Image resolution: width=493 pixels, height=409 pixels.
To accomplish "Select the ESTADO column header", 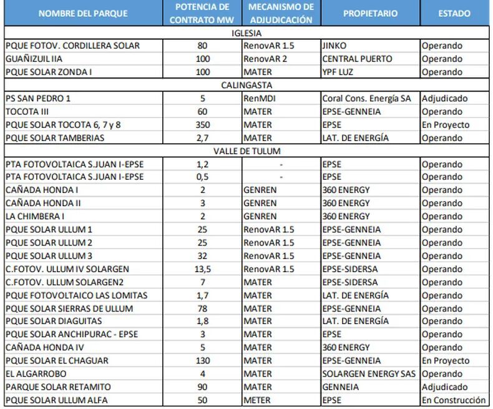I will [x=454, y=13].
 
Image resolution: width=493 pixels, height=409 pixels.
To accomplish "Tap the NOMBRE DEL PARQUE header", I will [x=83, y=13].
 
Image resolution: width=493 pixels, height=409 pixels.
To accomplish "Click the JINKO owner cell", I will [x=335, y=46].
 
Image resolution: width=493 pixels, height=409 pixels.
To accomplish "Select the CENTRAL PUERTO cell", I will [x=357, y=59].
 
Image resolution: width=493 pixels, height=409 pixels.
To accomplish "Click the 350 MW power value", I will [x=202, y=125].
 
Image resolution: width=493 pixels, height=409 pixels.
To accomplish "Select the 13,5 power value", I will [x=202, y=269].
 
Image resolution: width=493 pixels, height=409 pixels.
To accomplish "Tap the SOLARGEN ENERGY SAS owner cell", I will [x=369, y=374].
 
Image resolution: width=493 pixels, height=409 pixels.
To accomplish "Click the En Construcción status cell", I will [x=454, y=400].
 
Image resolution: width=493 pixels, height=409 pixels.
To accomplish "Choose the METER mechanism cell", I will [x=258, y=400].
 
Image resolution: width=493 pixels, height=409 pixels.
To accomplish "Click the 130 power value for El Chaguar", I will [x=202, y=361].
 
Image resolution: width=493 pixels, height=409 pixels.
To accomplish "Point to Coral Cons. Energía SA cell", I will [x=366, y=99].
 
